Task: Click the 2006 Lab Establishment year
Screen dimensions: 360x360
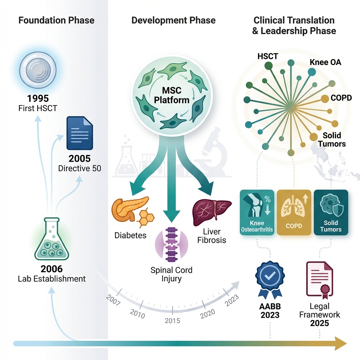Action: [x=52, y=269]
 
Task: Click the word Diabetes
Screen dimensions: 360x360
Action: [x=130, y=235]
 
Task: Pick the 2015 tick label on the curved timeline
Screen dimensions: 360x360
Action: [x=172, y=321]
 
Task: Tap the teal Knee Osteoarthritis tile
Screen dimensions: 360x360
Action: [x=257, y=213]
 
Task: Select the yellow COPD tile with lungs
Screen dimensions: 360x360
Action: [x=294, y=213]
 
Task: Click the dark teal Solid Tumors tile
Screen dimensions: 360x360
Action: [x=330, y=213]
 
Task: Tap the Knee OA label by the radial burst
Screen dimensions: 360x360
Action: [x=325, y=63]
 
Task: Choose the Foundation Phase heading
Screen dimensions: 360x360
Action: [x=56, y=20]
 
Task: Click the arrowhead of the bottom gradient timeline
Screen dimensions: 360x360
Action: [x=340, y=343]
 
